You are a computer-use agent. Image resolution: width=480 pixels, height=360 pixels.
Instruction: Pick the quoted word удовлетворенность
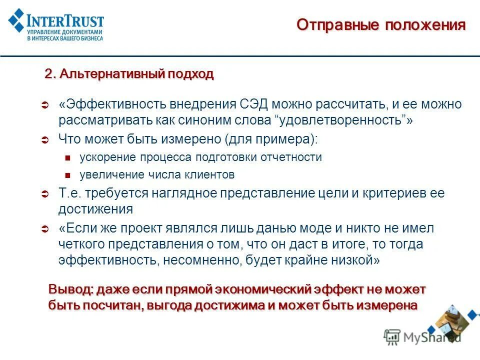coord(341,120)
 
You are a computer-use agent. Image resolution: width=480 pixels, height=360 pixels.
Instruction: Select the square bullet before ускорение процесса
coord(69,158)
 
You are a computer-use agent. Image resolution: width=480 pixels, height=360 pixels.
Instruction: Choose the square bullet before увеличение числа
coord(69,175)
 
